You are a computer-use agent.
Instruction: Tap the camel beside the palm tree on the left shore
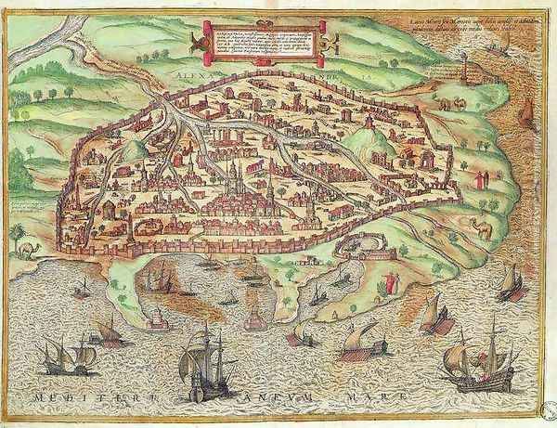[33, 249]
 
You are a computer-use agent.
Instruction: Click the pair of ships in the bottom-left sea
[69, 354]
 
